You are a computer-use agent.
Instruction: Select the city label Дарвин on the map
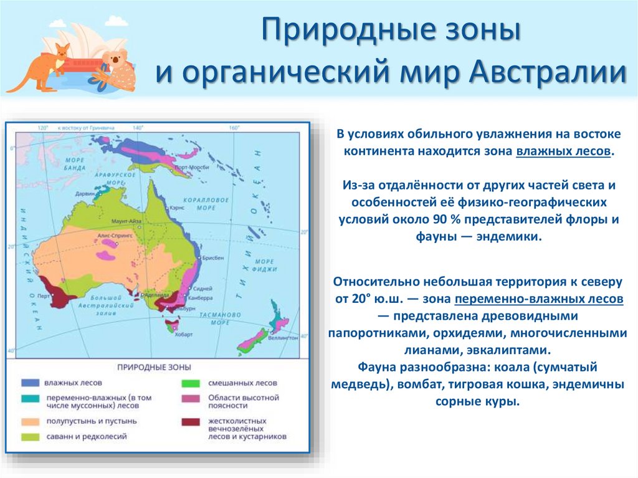(x=87, y=194)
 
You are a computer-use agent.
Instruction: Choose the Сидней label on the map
(x=204, y=289)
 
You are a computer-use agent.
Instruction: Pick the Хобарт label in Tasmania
(x=175, y=333)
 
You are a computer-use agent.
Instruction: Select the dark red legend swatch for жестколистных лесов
(x=191, y=422)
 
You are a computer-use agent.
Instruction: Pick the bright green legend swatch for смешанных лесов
(x=191, y=383)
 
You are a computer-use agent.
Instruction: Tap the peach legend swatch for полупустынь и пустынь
(x=30, y=421)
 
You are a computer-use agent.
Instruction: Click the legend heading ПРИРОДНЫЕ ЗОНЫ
(x=157, y=367)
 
